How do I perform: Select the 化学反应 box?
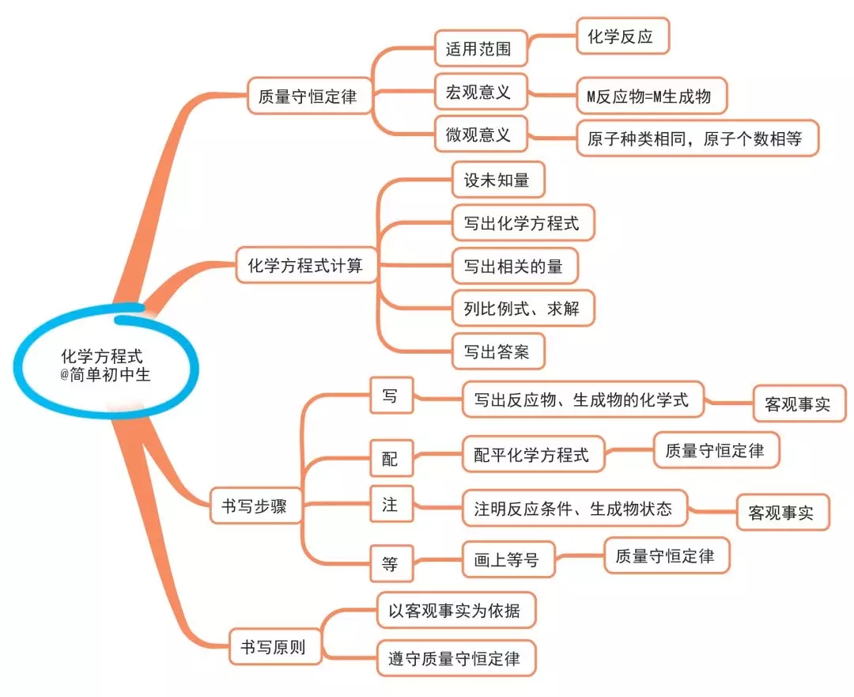622,36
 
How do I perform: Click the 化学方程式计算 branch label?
305,265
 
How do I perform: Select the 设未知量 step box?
498,180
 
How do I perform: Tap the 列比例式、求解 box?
523,308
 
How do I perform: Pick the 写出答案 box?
498,351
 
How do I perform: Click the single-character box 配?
391,459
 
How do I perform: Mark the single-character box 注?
391,504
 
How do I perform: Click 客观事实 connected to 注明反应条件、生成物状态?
782,513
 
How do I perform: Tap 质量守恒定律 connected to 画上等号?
666,556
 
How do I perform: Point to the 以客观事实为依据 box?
455,611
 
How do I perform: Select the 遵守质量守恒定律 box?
455,658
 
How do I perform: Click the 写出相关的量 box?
514,266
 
